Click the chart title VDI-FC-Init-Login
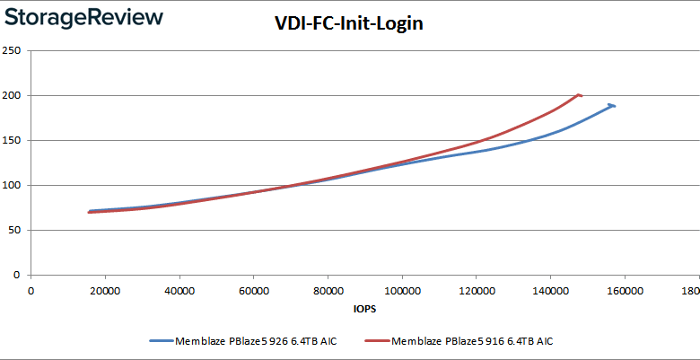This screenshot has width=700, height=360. tap(348, 24)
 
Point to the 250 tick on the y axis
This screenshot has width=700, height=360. tap(12, 50)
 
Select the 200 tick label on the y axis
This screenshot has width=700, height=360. tap(12, 95)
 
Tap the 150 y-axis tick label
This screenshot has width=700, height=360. tap(12, 140)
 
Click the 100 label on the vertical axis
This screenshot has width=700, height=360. tap(12, 185)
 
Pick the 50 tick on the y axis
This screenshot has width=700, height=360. tap(14, 230)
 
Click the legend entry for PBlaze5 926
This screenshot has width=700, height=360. tap(245, 340)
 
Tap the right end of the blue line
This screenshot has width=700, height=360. tap(615, 105)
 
